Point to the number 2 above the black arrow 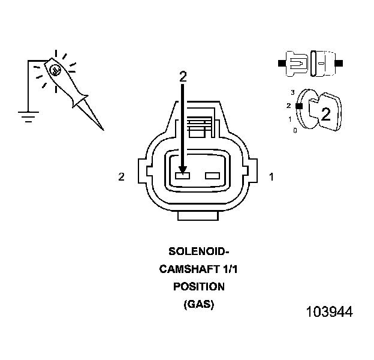pos(183,77)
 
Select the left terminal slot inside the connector pos(182,176)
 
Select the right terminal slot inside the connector pos(213,176)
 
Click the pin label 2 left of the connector pos(122,176)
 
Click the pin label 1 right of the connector pos(272,176)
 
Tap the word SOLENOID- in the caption pos(198,252)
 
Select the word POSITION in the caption pos(198,287)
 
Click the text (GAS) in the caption pos(198,304)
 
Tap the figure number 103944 pos(329,313)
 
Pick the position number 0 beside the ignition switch pos(295,130)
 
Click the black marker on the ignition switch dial pos(298,106)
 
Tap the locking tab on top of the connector pos(198,120)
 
